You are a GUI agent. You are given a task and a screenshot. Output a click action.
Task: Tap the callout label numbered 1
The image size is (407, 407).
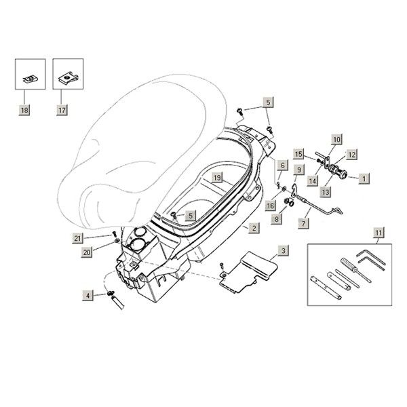click(364, 178)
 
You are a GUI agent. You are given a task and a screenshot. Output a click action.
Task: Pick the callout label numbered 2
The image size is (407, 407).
click(252, 229)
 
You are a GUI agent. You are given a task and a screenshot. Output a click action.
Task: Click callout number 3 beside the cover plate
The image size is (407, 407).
click(283, 250)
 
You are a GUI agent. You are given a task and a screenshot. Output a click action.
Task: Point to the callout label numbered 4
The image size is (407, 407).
click(87, 295)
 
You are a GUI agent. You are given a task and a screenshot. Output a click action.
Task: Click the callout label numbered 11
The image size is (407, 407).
click(377, 235)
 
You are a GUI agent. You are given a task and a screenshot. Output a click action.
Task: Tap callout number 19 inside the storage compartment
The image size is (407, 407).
click(217, 178)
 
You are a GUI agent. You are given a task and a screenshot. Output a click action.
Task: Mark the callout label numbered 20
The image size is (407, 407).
click(86, 252)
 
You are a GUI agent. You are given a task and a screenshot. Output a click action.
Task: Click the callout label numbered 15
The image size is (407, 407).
click(298, 153)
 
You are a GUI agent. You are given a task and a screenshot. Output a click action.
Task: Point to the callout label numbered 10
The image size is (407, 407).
click(336, 140)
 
